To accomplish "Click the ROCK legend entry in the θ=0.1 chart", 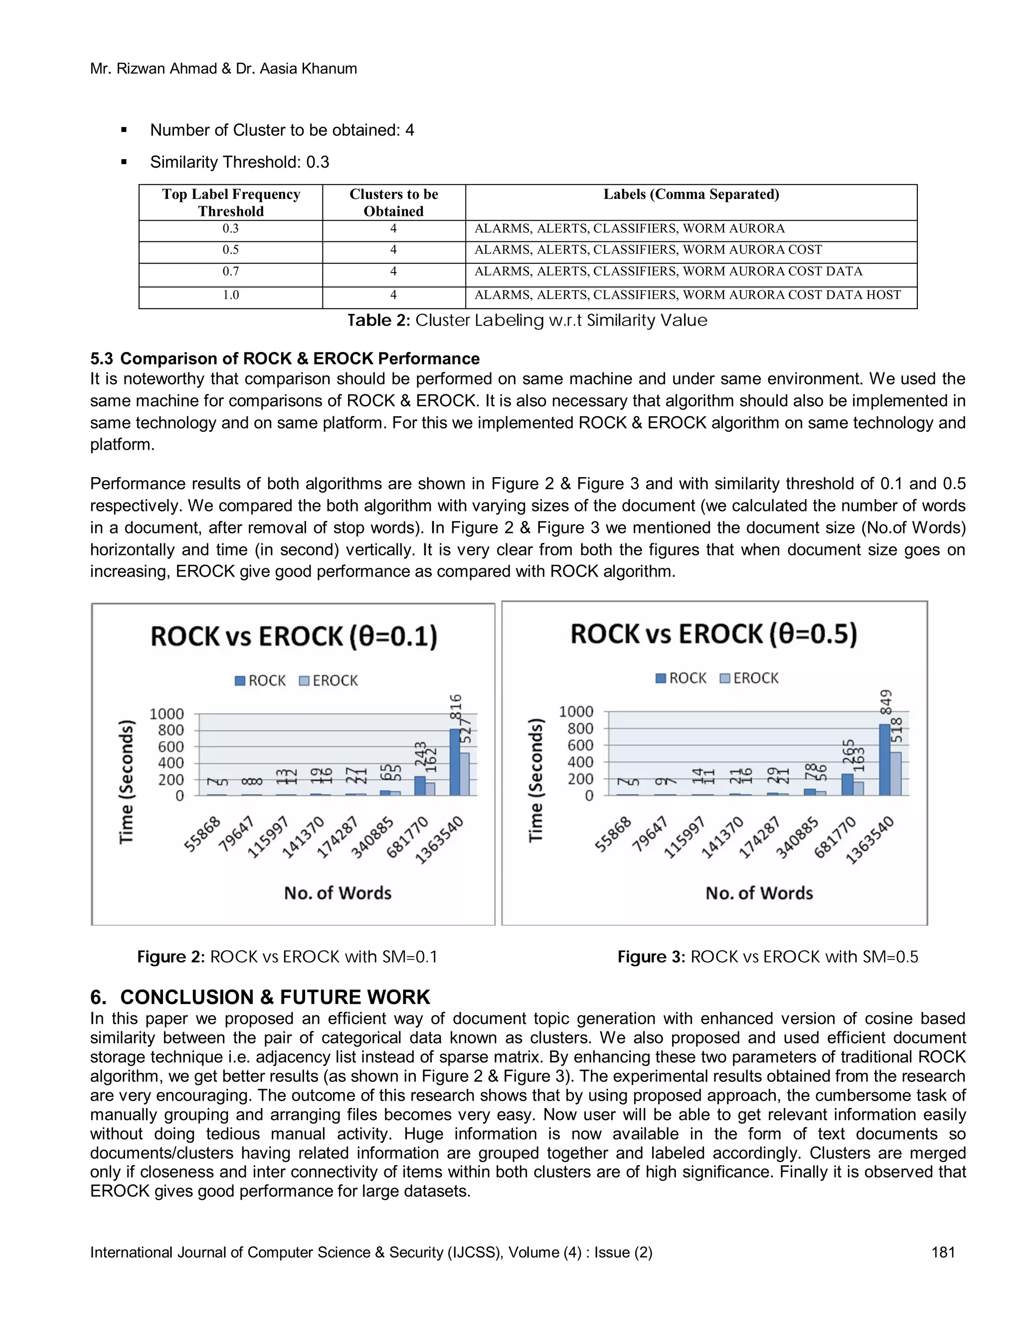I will coord(260,680).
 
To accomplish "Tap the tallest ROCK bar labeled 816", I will coord(455,762).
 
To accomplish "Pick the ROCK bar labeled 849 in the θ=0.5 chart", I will coord(884,759).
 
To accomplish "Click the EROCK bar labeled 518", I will coord(896,774).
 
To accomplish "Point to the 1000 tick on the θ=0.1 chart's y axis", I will coord(167,714).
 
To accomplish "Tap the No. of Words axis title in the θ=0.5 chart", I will coord(759,893).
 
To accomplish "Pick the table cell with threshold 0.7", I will coord(230,272).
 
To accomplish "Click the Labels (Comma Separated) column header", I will coord(691,195).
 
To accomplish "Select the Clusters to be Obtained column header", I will coord(394,202).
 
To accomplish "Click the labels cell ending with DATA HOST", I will coord(687,295).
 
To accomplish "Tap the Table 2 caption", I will coord(527,321).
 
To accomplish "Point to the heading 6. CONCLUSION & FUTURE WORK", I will coord(260,997).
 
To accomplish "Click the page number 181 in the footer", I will coord(943,1252).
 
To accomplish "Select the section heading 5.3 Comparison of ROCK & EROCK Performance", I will coord(285,359).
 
